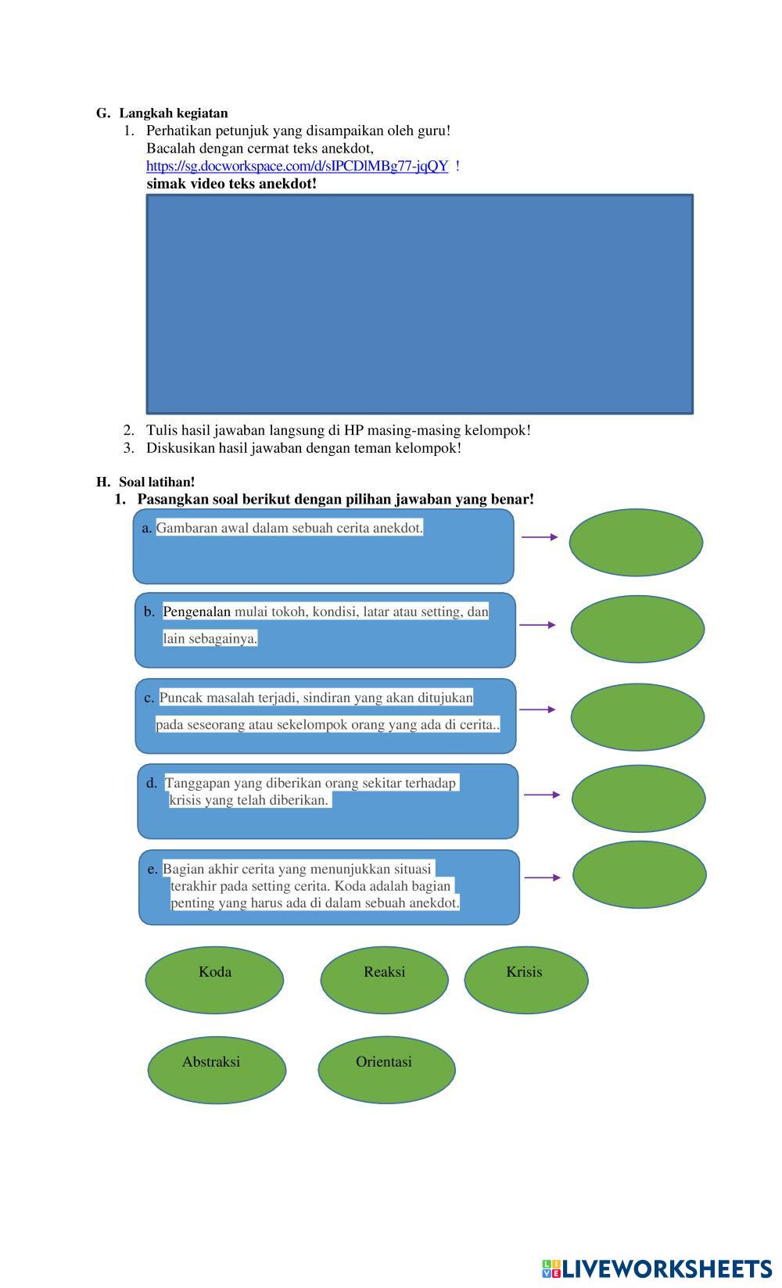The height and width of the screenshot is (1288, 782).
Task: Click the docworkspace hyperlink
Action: pos(297,166)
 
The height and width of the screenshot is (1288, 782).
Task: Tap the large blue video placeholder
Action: pos(419,303)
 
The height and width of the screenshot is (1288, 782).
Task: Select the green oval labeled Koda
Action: pos(214,979)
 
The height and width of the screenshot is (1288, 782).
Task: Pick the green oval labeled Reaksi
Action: pos(384,979)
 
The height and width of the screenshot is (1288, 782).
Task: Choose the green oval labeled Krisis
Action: pos(526,979)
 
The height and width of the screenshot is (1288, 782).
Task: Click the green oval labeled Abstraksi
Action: pos(217,1069)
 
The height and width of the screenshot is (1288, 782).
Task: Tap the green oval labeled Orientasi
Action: pos(386,1069)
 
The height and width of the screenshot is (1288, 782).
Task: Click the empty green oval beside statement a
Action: pos(636,542)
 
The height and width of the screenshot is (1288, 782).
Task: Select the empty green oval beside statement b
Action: pos(637,629)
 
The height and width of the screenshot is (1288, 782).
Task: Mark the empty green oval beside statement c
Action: pos(637,717)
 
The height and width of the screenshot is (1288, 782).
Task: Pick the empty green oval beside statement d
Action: pos(638,798)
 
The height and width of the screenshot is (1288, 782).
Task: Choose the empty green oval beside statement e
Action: pos(639,874)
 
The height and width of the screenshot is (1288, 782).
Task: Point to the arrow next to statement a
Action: pos(540,537)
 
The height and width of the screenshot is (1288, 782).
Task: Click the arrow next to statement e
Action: pos(542,877)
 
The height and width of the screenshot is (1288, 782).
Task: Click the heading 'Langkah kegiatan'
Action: pos(173,113)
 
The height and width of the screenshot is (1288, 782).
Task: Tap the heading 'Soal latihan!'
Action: pos(156,482)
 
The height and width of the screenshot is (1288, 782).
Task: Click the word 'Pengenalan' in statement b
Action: pos(196,612)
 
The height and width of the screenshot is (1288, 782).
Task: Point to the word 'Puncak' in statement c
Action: pos(178,698)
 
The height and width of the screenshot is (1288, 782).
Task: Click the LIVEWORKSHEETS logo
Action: pos(657,1268)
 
